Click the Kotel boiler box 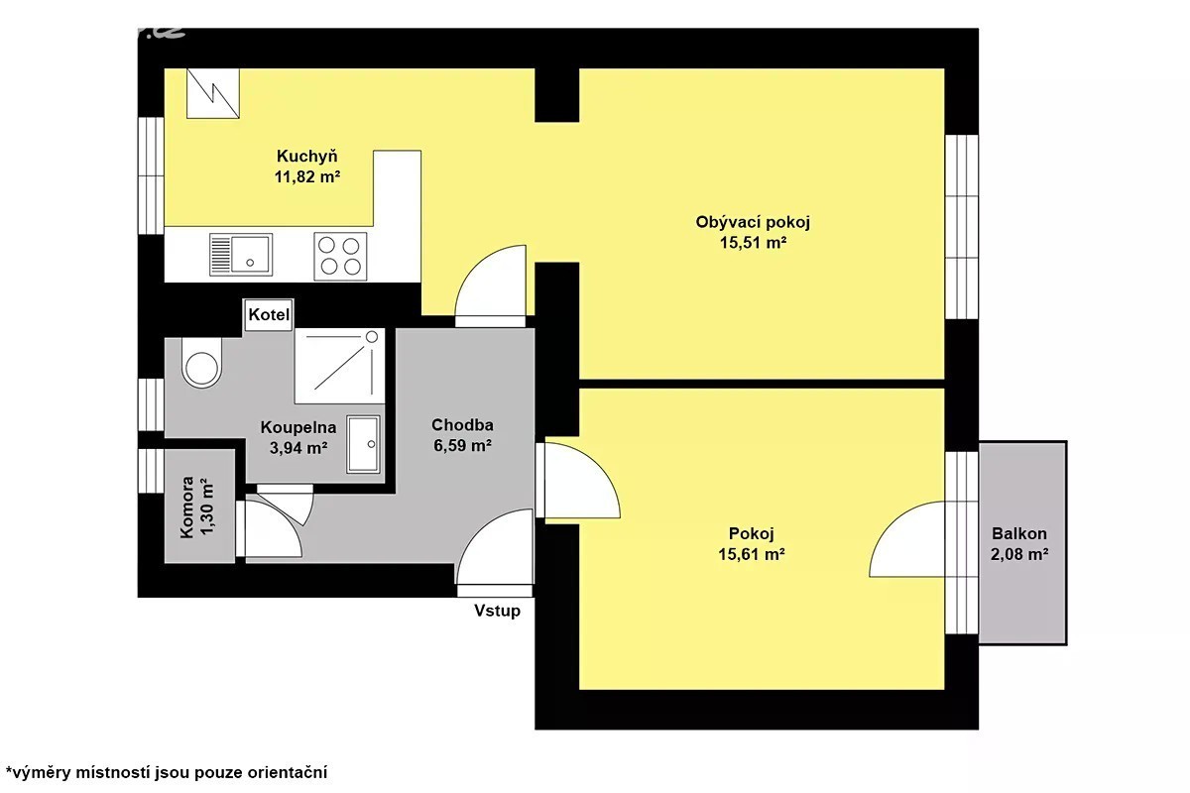point(269,315)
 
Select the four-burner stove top point(340,256)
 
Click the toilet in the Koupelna point(201,362)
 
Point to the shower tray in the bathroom point(340,366)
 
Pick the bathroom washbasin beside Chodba point(363,444)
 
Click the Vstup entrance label point(497,611)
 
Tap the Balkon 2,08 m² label point(1019,544)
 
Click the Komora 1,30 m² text point(196,508)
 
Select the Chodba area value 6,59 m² point(462,446)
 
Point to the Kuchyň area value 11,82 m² point(307,176)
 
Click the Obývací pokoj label point(753,222)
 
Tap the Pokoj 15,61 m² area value point(752,554)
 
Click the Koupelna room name point(298,427)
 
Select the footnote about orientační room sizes point(167,772)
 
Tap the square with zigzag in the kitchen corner point(212,93)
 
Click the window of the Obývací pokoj point(962,227)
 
